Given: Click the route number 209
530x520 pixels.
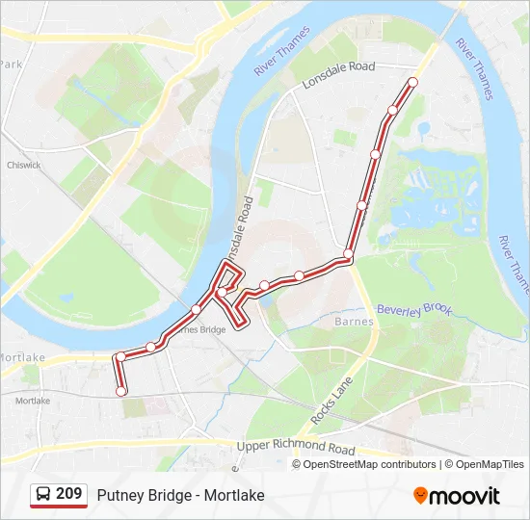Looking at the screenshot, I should click(x=68, y=494).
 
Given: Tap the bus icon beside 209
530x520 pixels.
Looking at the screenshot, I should click(x=44, y=495).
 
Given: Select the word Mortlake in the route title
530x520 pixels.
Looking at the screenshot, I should click(x=234, y=495).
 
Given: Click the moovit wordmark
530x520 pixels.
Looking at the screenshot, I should click(x=464, y=496).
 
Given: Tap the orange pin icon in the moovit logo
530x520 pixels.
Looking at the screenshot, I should click(x=420, y=495).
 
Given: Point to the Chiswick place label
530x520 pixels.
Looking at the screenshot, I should click(x=24, y=165).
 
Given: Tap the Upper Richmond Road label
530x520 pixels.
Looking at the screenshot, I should click(x=296, y=448).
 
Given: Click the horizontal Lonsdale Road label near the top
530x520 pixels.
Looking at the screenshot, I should click(x=337, y=75).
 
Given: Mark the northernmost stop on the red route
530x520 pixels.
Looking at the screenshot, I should click(x=413, y=82).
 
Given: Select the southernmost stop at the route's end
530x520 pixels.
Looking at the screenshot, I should click(x=121, y=391).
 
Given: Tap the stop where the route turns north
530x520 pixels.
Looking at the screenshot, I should click(x=348, y=253).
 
